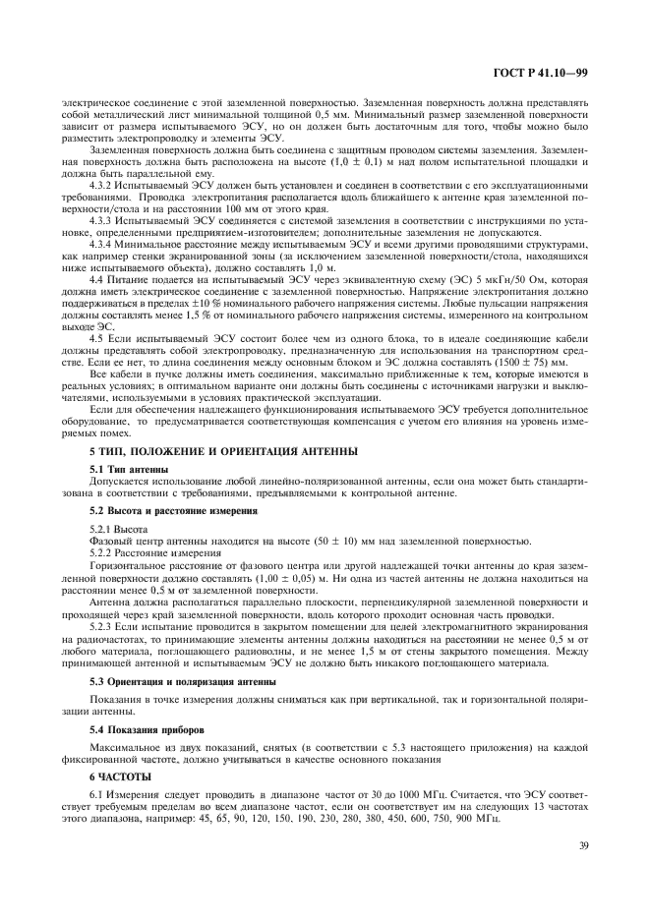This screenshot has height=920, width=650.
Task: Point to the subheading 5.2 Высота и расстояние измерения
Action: tap(163, 512)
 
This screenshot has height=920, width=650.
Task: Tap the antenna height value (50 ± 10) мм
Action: tap(254, 541)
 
